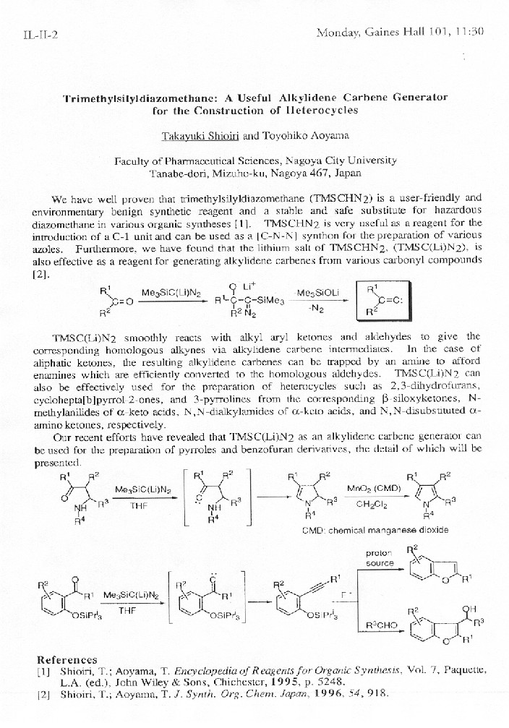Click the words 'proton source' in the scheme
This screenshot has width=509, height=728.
pyautogui.click(x=379, y=557)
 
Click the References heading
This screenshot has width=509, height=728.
pyautogui.click(x=67, y=659)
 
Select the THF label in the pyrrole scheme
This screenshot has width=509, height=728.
pyautogui.click(x=138, y=505)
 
